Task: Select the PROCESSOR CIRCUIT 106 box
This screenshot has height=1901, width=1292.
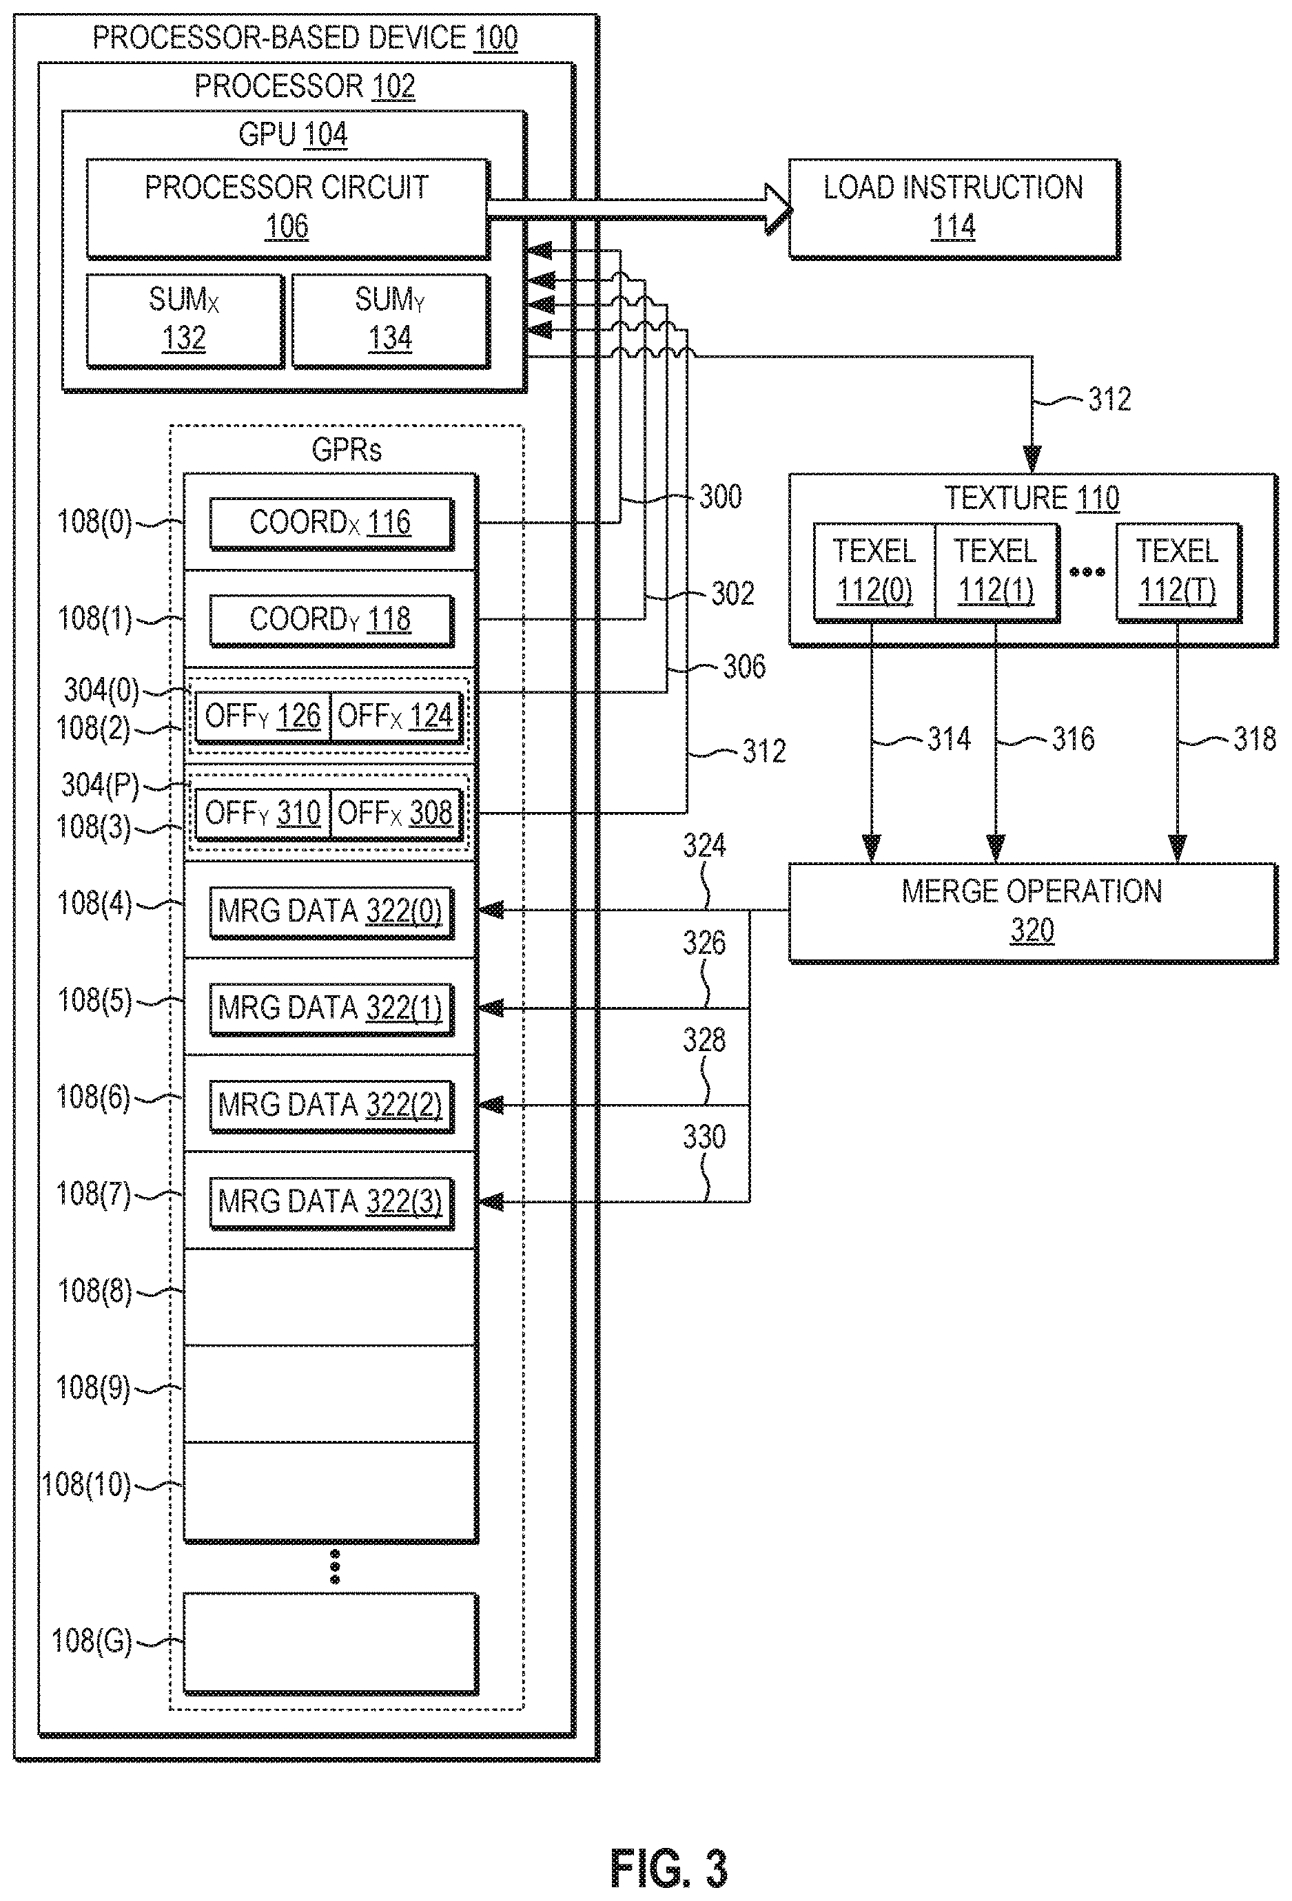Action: click(x=288, y=209)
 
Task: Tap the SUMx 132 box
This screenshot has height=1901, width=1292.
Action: click(x=185, y=321)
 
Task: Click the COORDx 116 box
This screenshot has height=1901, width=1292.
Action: click(x=331, y=523)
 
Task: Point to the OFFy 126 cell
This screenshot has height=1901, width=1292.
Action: click(x=263, y=716)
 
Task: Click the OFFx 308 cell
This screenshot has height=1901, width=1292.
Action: click(x=396, y=813)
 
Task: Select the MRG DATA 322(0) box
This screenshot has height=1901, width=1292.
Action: click(x=331, y=911)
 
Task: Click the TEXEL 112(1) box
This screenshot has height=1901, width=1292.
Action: click(x=996, y=572)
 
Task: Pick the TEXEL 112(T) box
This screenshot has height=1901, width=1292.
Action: click(x=1178, y=572)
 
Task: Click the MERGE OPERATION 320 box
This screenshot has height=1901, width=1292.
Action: click(x=1033, y=911)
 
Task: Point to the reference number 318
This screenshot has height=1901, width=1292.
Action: click(x=1254, y=738)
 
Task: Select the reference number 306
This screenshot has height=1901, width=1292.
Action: click(x=744, y=667)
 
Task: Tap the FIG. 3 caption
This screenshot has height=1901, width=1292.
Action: click(x=668, y=1868)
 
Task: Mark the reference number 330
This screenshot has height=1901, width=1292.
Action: click(x=704, y=1136)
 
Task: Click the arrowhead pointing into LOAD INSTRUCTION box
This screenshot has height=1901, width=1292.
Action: click(x=778, y=209)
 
